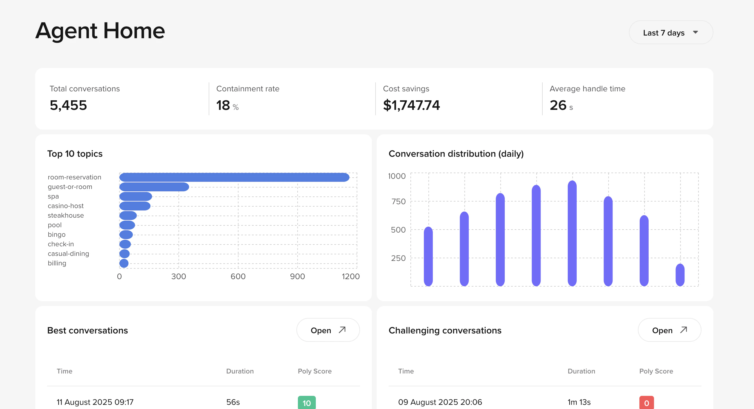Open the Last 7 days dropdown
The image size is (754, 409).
670,33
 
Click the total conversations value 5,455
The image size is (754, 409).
68,105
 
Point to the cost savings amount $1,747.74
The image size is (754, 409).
411,105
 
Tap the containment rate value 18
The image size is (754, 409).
223,105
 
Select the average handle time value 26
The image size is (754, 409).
558,105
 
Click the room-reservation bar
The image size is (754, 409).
234,177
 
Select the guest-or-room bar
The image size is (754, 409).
154,187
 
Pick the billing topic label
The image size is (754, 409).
57,263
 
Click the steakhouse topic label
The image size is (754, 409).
66,216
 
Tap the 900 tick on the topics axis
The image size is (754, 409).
297,276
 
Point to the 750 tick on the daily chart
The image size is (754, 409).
398,202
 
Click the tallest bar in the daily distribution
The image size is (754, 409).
572,233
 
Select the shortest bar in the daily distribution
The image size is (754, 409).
680,275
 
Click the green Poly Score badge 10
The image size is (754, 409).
307,403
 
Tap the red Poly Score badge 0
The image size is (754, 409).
647,403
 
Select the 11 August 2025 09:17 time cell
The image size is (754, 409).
95,402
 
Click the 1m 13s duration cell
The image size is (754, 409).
579,402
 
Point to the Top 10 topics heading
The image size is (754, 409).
75,154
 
